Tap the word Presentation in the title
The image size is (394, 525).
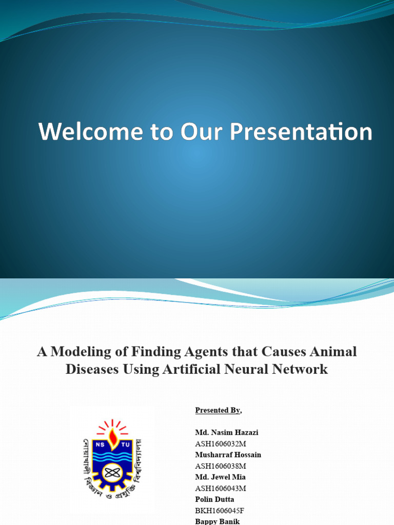coord(301,132)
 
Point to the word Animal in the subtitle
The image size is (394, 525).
coord(333,352)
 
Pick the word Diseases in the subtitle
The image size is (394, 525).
coord(90,369)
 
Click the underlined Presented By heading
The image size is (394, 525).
coord(218,410)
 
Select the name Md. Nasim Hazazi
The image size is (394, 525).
coord(227,433)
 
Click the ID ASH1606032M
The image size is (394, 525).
coord(221,444)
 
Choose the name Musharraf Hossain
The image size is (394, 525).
coord(228,455)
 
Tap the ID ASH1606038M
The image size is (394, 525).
coord(221,466)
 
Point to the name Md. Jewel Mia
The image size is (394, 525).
coord(220,477)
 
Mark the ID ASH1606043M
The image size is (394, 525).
coord(221,489)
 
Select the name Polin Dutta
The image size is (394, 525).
coord(214,499)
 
